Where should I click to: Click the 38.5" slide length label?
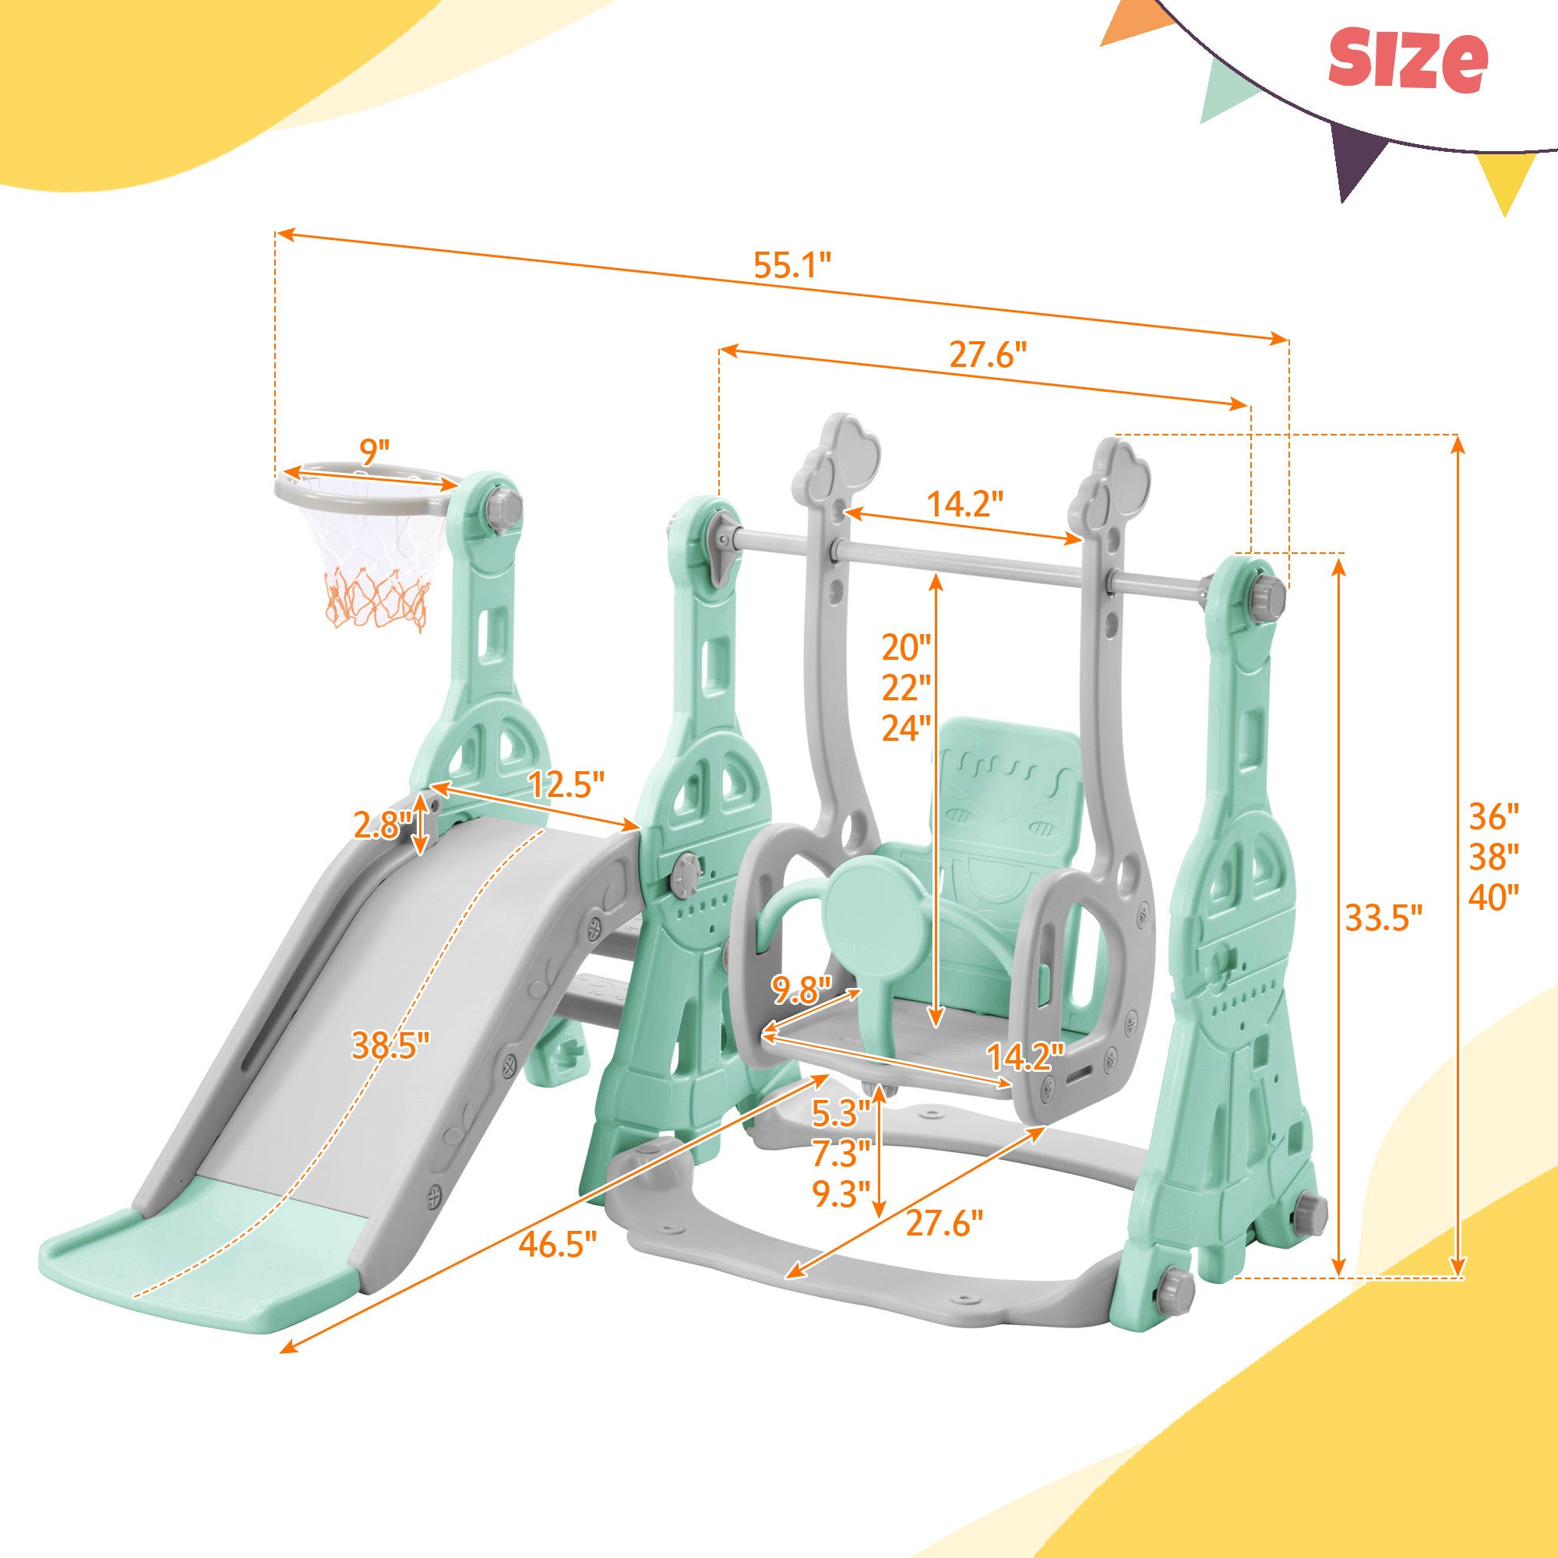(x=389, y=1047)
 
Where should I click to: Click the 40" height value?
(x=1493, y=897)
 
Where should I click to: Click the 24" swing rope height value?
(x=904, y=729)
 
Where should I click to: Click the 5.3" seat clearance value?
(x=841, y=1112)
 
